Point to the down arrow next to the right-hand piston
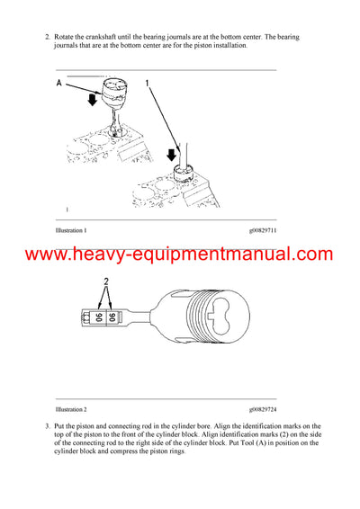pyautogui.click(x=175, y=153)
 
